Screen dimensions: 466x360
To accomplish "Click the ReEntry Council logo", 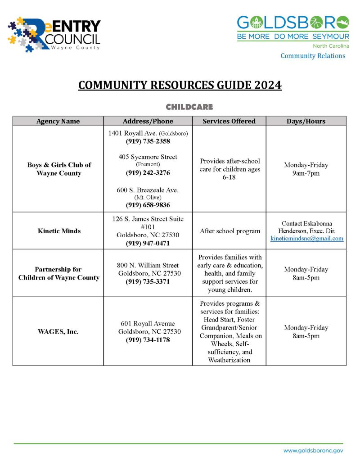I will click(54, 34).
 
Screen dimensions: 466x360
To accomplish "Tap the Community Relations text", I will click(313, 56).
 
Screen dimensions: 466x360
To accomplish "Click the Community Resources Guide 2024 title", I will click(180, 85).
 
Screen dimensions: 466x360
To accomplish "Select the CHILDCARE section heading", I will click(189, 107).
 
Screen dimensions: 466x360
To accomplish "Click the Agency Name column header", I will click(58, 121).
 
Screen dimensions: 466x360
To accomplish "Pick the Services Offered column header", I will click(229, 121).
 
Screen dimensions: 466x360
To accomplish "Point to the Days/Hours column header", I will click(306, 121).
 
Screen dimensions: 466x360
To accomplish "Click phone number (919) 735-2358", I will click(148, 141).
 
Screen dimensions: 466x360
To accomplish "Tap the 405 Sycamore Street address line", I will click(148, 157).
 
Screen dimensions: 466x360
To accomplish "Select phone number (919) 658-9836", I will click(148, 205).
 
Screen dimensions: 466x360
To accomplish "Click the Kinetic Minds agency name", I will click(59, 231).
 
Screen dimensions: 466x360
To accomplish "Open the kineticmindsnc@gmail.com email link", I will click(307, 239).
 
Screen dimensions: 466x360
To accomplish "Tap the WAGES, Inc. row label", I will click(58, 332).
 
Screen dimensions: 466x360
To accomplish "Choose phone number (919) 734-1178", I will click(148, 340).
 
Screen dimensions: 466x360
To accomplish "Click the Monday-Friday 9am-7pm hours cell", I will click(306, 169).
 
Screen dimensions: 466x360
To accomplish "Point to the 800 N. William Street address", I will click(148, 266).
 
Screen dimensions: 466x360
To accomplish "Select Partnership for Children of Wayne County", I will click(59, 273).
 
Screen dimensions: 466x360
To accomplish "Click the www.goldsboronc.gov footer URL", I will click(313, 450).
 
